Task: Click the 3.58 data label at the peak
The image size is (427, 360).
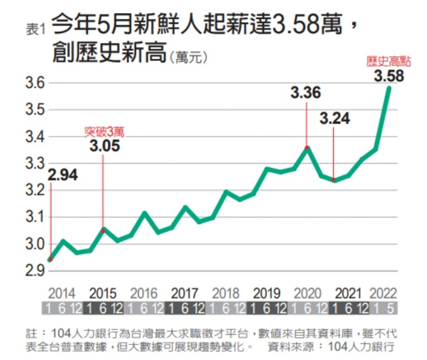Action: coord(389,76)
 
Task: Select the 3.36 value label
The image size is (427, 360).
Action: coord(305,93)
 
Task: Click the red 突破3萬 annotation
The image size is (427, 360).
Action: coord(104,131)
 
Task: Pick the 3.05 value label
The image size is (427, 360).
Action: coord(104,145)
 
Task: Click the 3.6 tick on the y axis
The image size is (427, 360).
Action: coord(34,83)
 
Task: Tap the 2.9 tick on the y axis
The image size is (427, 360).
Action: coord(34,271)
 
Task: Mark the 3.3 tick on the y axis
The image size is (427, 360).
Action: coord(34,163)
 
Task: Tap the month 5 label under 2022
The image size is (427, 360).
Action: coord(390,308)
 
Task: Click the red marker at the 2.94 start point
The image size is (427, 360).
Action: coord(51,259)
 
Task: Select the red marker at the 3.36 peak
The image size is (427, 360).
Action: coord(307,148)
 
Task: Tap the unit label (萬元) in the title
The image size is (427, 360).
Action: coord(187,58)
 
